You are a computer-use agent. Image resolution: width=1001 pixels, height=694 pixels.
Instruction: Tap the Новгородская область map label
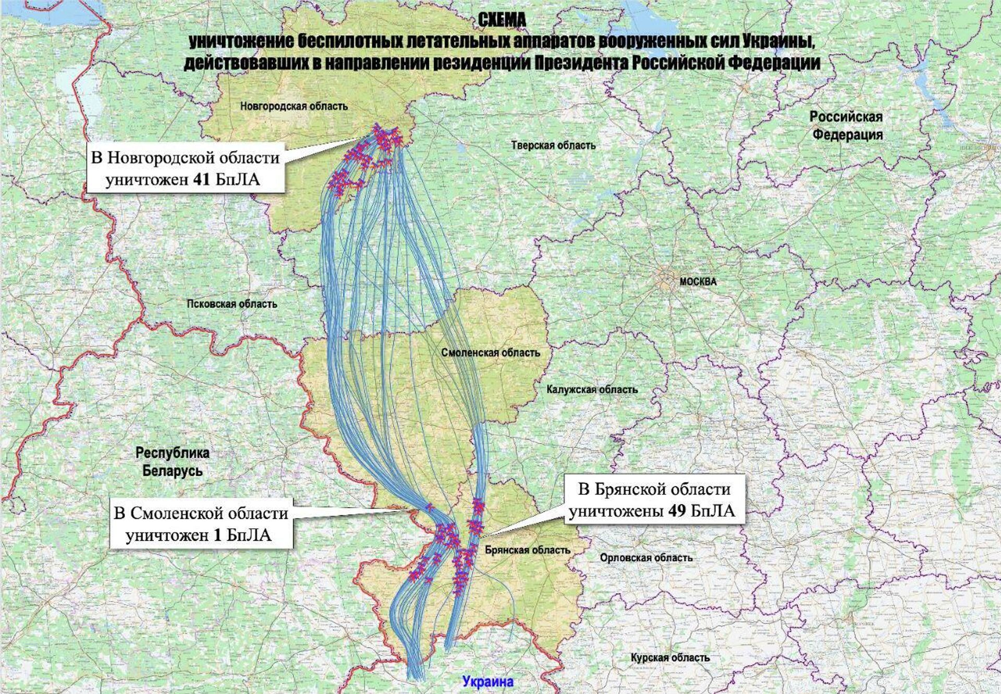tap(294, 106)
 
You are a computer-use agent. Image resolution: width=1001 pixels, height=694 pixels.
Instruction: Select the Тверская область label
tap(553, 145)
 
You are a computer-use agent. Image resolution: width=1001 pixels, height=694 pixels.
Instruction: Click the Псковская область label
tap(232, 303)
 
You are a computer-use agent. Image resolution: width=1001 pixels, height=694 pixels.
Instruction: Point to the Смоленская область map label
tap(490, 352)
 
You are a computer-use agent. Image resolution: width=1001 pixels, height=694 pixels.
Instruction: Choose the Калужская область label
tap(592, 389)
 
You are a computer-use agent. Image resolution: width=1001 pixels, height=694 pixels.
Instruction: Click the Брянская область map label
tap(527, 550)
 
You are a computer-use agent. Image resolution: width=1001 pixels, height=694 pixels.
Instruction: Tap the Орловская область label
tap(646, 558)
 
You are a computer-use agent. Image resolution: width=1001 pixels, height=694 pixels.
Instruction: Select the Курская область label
tap(670, 658)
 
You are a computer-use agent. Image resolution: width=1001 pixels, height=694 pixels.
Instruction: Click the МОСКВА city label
tap(698, 282)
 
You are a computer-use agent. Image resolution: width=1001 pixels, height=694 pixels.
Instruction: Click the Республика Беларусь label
tap(172, 462)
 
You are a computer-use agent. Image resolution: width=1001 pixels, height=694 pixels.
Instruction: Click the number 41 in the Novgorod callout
tap(201, 180)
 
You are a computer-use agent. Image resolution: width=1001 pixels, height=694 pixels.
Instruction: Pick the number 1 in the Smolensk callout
tap(217, 535)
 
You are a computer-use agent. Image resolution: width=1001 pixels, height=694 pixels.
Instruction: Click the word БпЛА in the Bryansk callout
tap(713, 511)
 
